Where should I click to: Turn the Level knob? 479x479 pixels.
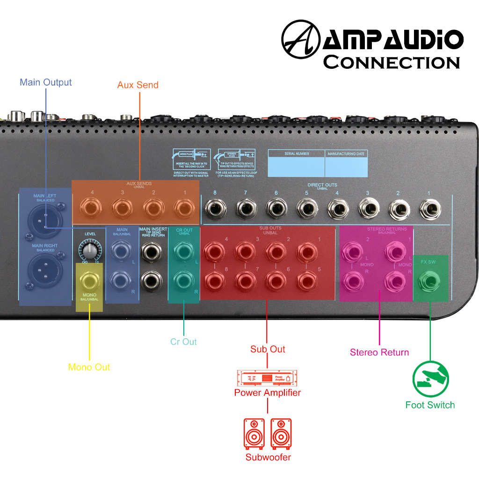(89, 250)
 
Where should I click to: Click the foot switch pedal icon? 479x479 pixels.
(430, 379)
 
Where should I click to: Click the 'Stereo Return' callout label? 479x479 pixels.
(379, 352)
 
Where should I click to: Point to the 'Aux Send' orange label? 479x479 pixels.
(138, 85)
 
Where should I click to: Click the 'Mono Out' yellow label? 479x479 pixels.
(89, 367)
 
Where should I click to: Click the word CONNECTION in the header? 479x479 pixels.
(392, 62)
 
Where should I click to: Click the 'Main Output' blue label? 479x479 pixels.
(45, 82)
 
